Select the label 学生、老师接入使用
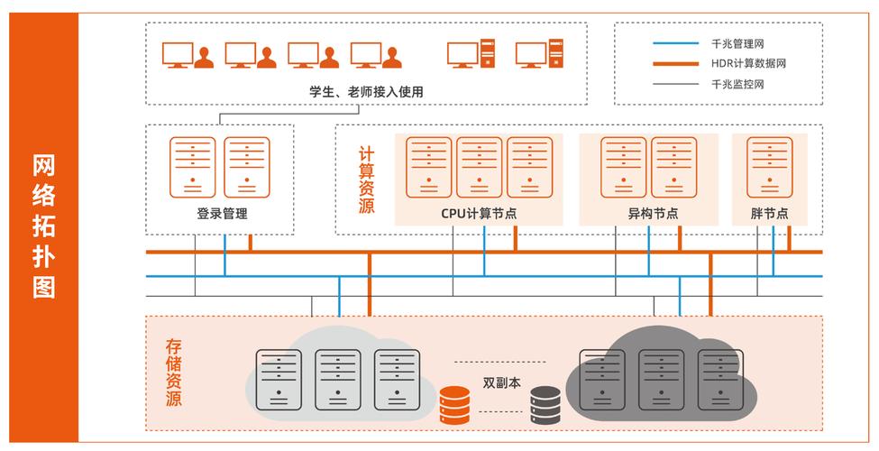[x=365, y=91]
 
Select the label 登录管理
[x=221, y=214]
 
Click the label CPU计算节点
[x=479, y=214]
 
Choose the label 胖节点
[x=769, y=214]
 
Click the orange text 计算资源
[x=366, y=180]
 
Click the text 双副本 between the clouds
[x=502, y=382]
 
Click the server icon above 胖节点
[x=770, y=167]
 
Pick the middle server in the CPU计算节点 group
[x=479, y=167]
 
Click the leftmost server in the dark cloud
[x=602, y=380]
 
